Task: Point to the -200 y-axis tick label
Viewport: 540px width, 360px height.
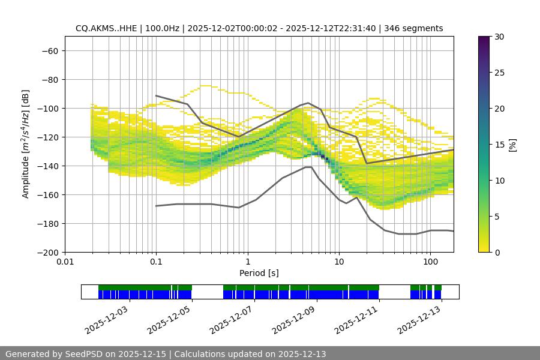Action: coord(48,252)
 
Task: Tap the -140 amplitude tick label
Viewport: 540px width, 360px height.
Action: coord(48,166)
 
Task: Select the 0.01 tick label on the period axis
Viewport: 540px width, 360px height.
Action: coord(65,262)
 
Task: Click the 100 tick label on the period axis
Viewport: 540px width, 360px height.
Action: coord(430,262)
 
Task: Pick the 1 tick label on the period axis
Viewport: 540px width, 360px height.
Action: coord(247,262)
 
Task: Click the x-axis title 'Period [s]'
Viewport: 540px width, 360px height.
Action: coord(259,273)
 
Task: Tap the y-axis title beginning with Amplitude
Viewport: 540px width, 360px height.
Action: coord(25,144)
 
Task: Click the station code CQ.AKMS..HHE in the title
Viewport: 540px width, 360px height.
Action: coord(104,28)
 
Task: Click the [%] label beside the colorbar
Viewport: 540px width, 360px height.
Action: coord(512,145)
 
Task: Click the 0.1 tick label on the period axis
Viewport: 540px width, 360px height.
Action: coord(156,262)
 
